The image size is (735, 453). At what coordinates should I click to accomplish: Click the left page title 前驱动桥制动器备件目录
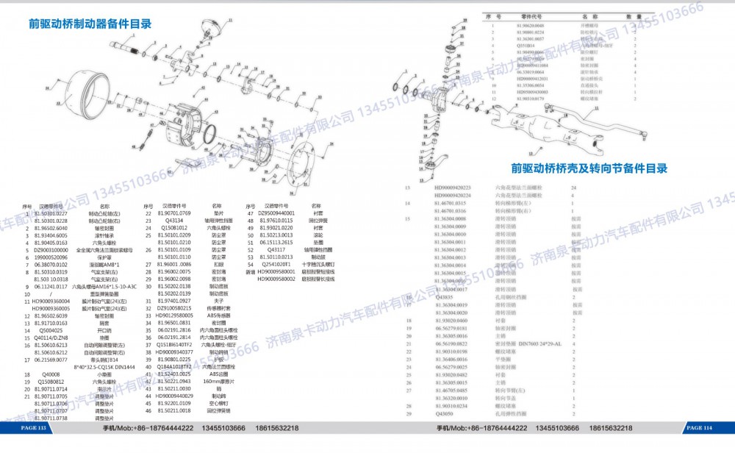point(90,24)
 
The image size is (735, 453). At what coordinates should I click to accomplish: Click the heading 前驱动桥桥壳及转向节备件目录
point(589,168)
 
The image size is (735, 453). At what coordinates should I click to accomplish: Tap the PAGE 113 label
point(34,428)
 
